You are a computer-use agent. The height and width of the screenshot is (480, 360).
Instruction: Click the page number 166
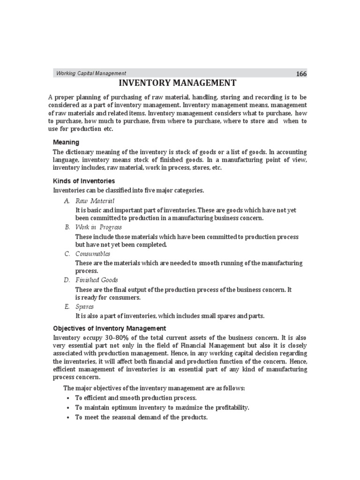coord(301,74)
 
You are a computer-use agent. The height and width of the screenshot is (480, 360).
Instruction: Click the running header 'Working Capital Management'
coord(91,73)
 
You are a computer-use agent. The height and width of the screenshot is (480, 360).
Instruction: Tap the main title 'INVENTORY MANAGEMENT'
coord(178,83)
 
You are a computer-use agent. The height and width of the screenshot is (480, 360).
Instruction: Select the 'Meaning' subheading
coord(66,142)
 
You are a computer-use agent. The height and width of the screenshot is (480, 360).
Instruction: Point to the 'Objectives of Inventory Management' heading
coord(109,328)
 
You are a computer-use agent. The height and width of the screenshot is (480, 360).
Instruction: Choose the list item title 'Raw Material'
coord(95,201)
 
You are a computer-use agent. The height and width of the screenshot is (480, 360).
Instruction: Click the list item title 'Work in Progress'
coord(98,227)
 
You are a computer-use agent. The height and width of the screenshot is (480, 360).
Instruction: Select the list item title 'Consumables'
coord(93,254)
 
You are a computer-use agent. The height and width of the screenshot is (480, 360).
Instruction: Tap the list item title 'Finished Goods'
coord(97,280)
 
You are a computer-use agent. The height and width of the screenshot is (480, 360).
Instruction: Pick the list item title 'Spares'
coord(84,307)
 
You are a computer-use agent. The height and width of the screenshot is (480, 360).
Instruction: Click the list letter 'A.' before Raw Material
coord(67,201)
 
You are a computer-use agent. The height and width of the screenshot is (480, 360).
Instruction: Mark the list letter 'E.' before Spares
coord(67,307)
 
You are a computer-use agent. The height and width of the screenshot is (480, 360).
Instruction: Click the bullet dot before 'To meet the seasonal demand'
coord(68,417)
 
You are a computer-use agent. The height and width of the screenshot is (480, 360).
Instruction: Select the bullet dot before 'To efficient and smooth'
coord(68,398)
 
